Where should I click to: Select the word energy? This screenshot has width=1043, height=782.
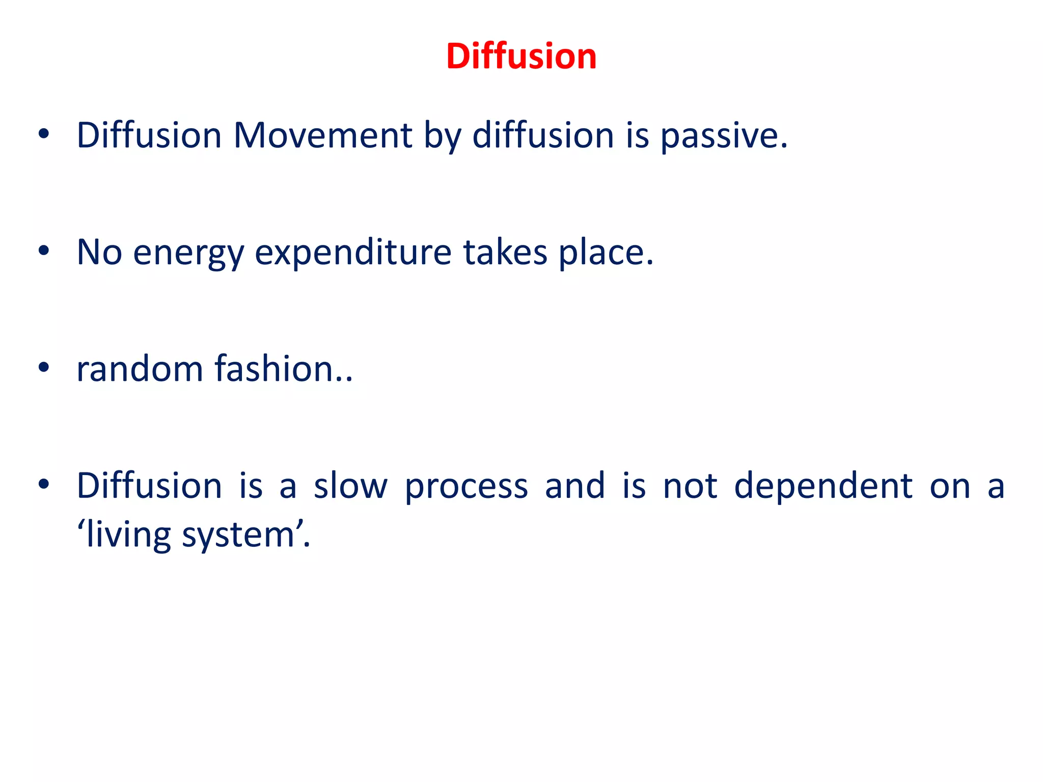tap(188, 253)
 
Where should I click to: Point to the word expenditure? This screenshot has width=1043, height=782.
tap(353, 253)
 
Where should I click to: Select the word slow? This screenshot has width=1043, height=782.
tap(350, 486)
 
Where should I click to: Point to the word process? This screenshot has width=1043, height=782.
tap(466, 487)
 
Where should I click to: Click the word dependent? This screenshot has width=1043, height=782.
tap(823, 486)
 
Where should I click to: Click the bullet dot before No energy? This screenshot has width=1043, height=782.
tap(44, 250)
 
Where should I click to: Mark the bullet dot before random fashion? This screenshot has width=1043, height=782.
tap(44, 367)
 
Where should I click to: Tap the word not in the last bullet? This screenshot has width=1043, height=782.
tap(690, 486)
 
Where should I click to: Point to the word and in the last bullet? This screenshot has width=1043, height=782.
tap(575, 486)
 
